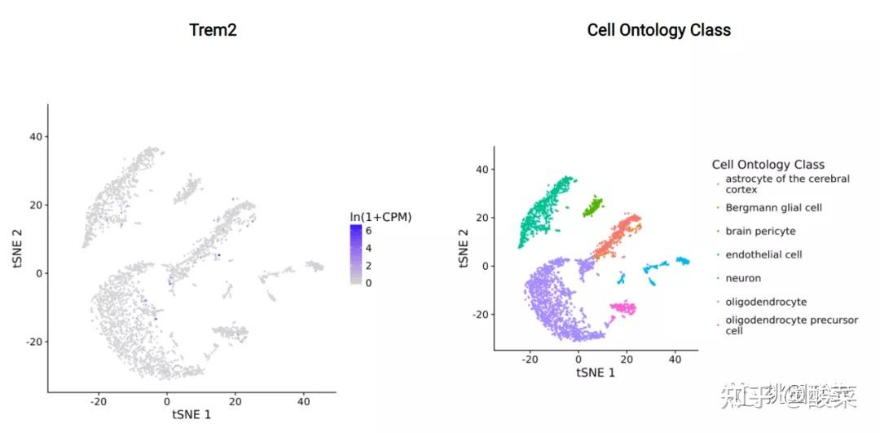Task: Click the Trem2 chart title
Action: coord(213,30)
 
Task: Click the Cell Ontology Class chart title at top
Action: coord(658,30)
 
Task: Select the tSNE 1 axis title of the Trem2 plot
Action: coord(191,414)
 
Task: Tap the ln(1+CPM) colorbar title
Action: coord(381,217)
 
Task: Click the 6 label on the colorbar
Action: coord(368,231)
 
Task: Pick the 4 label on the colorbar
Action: coord(368,248)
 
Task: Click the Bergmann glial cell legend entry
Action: coord(773,208)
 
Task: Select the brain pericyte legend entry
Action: coord(760,232)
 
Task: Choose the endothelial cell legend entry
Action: coord(763,254)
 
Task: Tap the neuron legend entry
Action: coord(743,278)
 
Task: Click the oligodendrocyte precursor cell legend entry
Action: coord(790,325)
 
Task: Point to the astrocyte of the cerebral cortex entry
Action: coord(786,183)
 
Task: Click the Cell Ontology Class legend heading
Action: coord(768,165)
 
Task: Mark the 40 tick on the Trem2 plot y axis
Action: coord(36,136)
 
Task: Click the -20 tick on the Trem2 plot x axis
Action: coord(99,400)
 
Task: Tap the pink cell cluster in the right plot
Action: coord(624,307)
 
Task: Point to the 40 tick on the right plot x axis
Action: coord(675,358)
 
